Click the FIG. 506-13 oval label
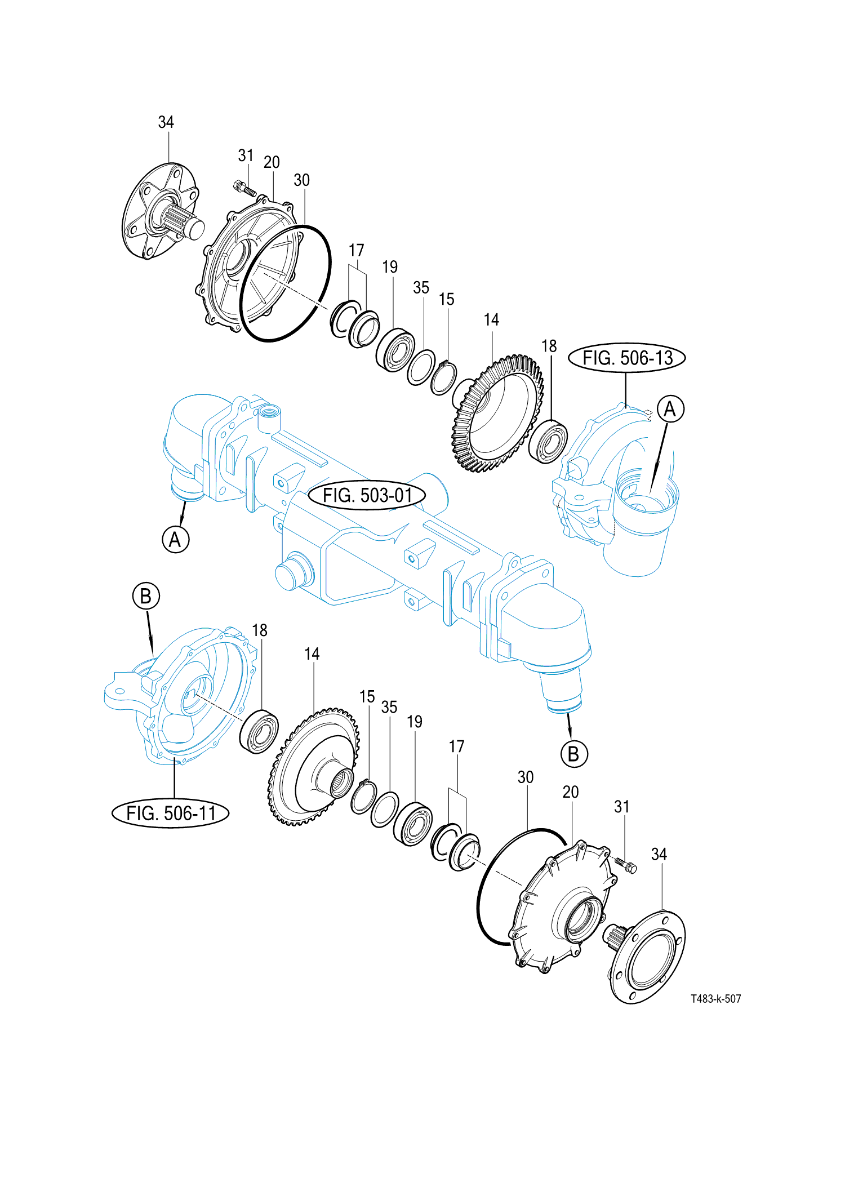[x=626, y=358]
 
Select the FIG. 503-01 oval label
[x=367, y=496]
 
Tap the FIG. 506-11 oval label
[x=171, y=813]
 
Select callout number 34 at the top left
[x=166, y=122]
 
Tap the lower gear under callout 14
[x=314, y=766]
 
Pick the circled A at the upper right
[x=670, y=408]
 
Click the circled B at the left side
[x=146, y=596]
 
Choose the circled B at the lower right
[x=573, y=754]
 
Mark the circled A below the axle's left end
[x=175, y=539]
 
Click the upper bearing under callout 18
[x=548, y=441]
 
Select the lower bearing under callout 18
[x=259, y=731]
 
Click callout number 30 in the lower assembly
[x=525, y=777]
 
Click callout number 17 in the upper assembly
[x=356, y=250]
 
